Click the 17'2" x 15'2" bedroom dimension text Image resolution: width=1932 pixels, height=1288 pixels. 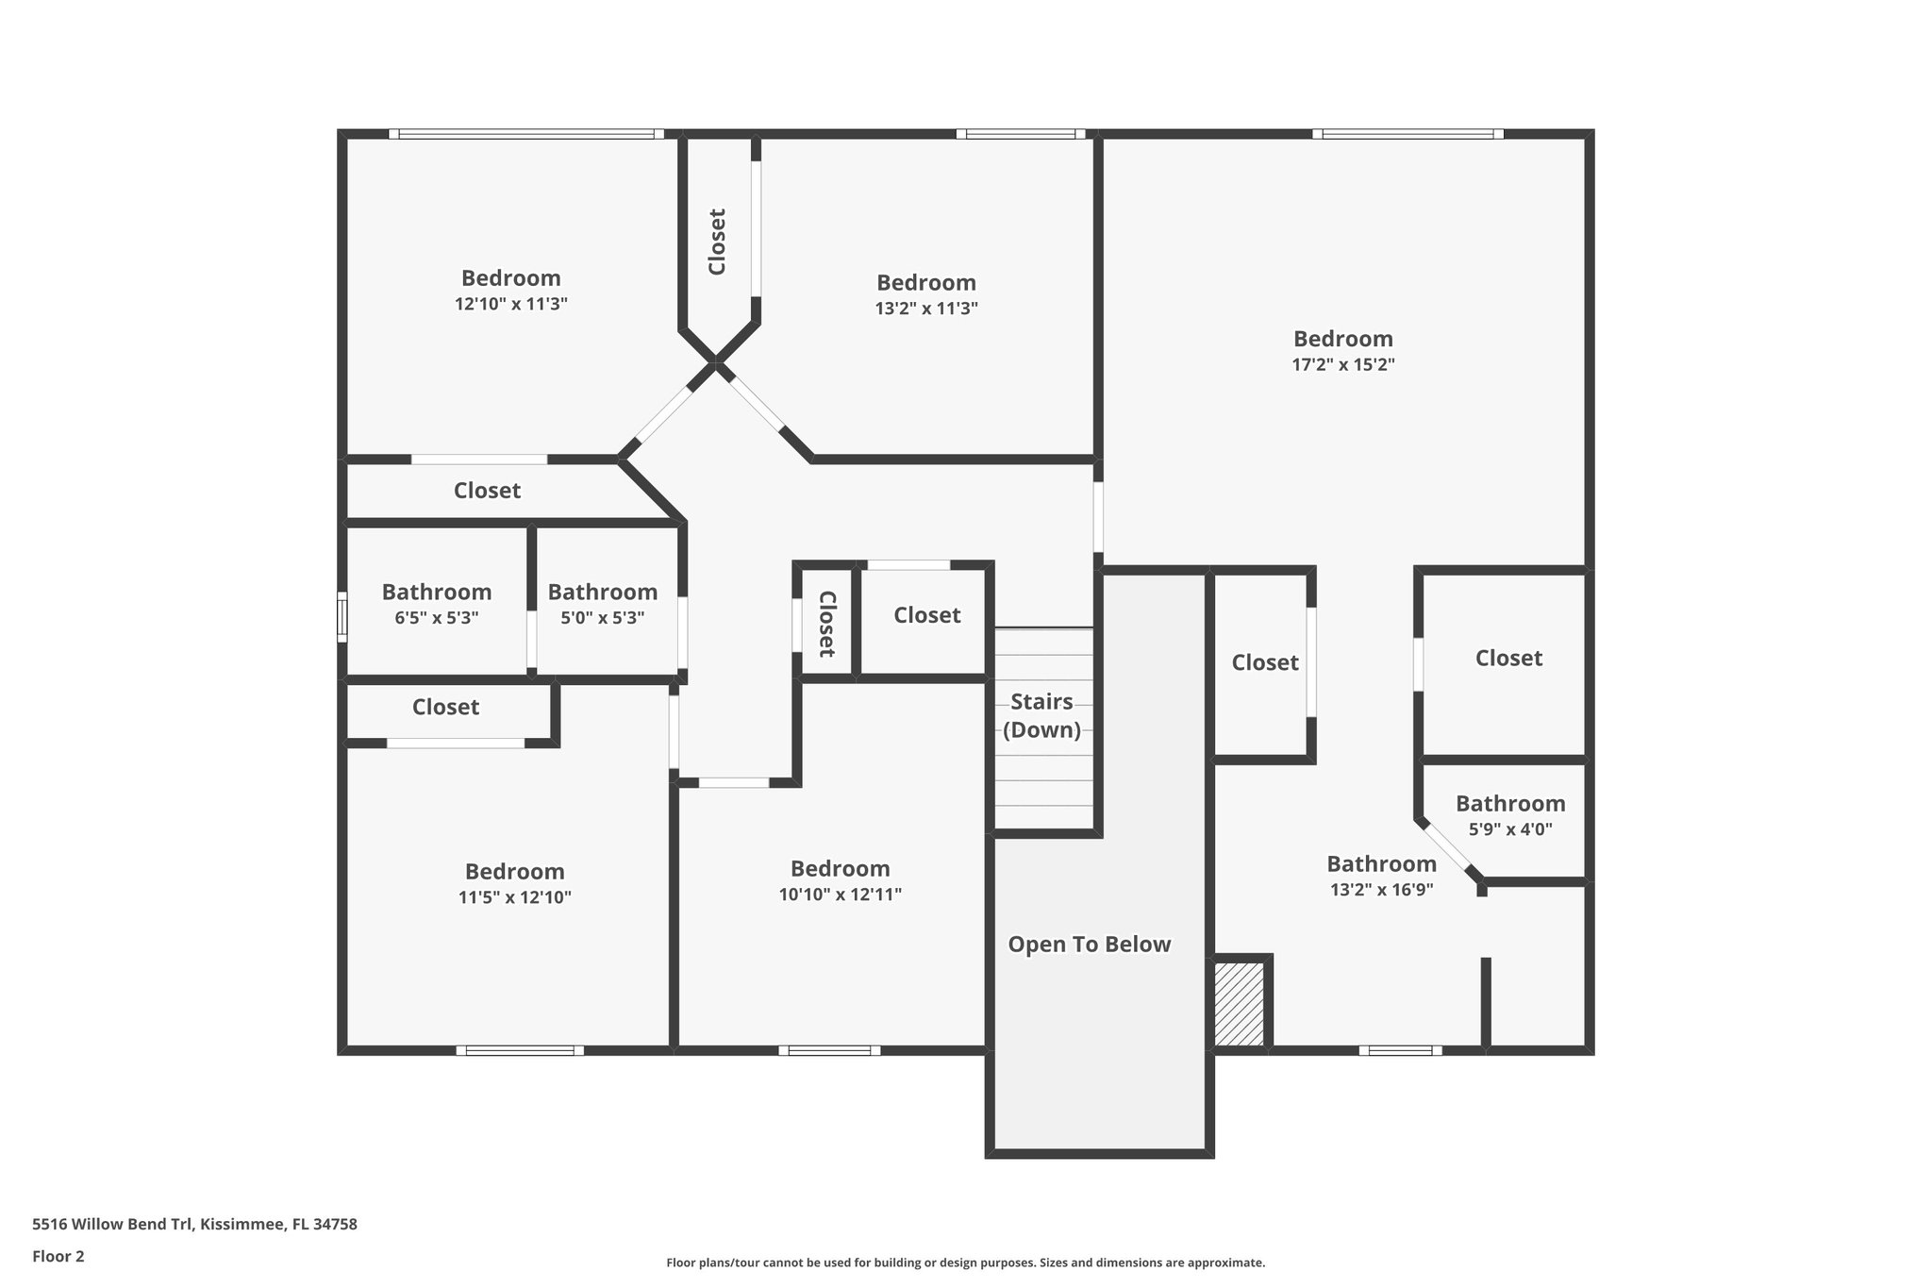(x=1342, y=365)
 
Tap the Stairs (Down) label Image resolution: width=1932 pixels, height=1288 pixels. (x=1041, y=715)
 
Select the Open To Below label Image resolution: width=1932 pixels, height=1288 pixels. (x=1089, y=945)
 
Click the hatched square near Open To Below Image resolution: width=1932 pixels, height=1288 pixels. (x=1239, y=1003)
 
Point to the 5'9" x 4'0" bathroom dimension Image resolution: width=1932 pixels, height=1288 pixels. (x=1509, y=830)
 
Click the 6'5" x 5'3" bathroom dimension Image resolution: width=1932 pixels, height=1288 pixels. (x=436, y=619)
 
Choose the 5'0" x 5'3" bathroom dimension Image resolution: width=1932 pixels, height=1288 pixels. (x=602, y=619)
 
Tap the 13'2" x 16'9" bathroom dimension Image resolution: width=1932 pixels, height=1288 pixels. (x=1381, y=890)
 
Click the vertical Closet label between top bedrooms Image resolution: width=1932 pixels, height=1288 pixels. (x=717, y=242)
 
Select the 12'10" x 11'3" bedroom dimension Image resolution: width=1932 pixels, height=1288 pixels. (x=510, y=305)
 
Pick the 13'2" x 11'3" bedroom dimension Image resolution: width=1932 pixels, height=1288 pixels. (x=925, y=309)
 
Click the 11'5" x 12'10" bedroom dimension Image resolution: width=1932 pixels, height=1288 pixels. (x=514, y=898)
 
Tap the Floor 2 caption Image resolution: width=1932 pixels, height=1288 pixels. (x=58, y=1257)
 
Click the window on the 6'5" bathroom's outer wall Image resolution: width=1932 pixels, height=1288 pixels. (x=342, y=617)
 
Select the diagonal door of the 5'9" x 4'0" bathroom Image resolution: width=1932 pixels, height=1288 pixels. (x=1448, y=849)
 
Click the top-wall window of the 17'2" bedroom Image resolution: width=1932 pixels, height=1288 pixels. (x=1407, y=134)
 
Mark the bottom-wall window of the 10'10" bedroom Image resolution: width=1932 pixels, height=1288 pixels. (x=829, y=1050)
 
